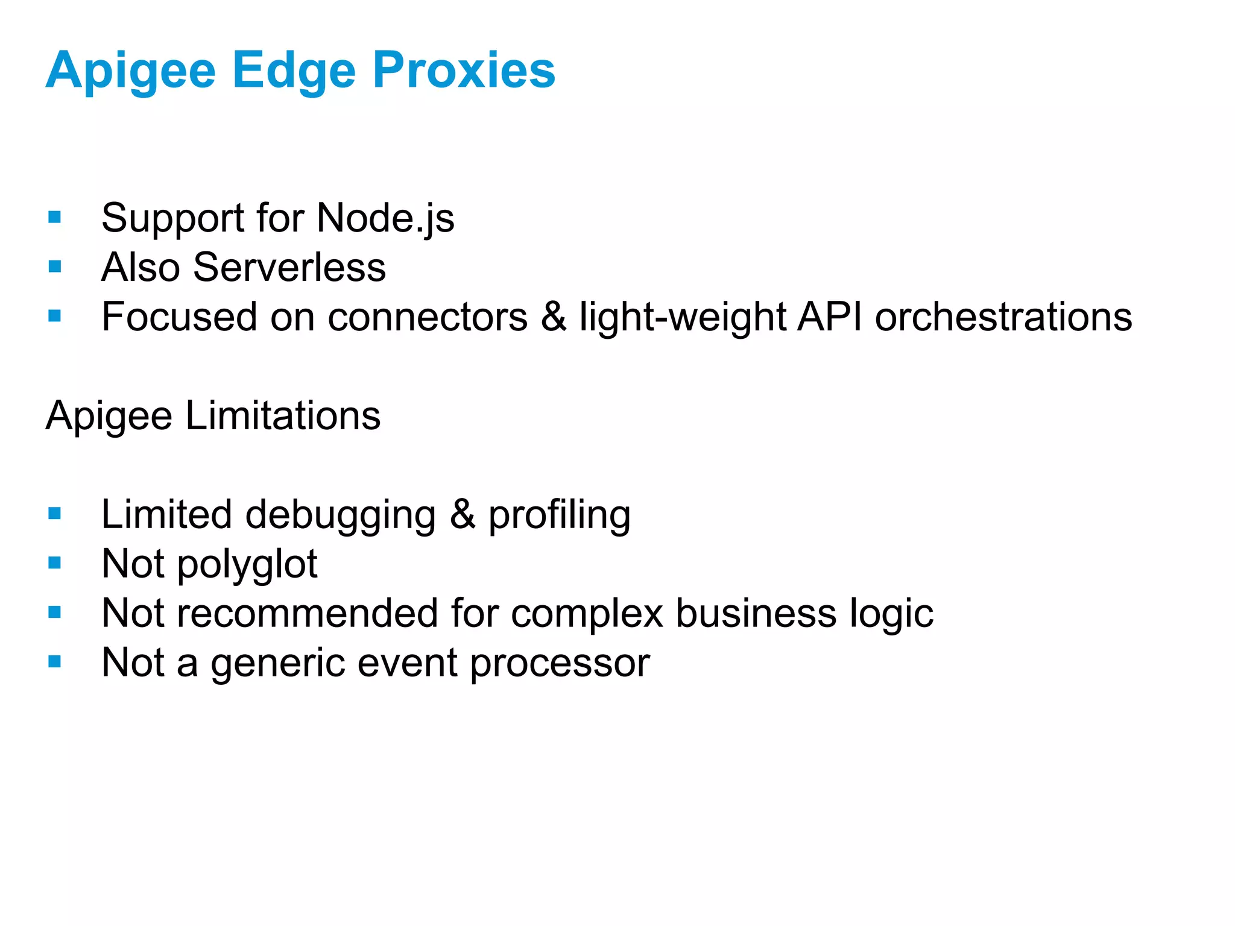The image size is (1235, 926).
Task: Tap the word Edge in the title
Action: click(294, 71)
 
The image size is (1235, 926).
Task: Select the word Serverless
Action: click(289, 267)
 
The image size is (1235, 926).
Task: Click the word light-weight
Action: click(682, 318)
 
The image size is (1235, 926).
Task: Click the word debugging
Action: click(340, 515)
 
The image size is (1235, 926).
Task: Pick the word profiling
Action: click(559, 515)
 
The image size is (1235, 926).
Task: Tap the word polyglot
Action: click(247, 565)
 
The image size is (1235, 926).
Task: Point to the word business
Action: click(756, 613)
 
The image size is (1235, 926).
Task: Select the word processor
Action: click(560, 663)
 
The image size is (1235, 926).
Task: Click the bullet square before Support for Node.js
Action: click(55, 217)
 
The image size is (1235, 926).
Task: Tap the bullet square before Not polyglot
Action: click(55, 563)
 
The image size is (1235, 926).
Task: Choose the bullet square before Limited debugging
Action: click(55, 514)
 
